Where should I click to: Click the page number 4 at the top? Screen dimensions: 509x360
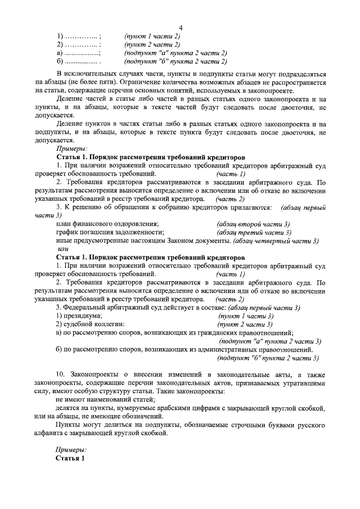click(x=180, y=28)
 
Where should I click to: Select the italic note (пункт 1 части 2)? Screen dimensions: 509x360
click(x=151, y=37)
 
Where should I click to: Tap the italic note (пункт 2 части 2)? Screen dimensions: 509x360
click(x=151, y=45)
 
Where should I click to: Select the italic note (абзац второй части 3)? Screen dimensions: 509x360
click(x=253, y=224)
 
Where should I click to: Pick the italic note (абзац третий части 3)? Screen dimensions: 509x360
click(x=254, y=232)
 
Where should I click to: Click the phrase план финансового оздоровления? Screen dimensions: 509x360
click(x=107, y=224)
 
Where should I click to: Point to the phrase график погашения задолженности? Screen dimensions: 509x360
click(x=110, y=232)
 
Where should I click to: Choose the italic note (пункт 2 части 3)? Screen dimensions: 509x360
click(x=245, y=325)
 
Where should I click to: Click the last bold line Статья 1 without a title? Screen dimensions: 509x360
click(x=70, y=458)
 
